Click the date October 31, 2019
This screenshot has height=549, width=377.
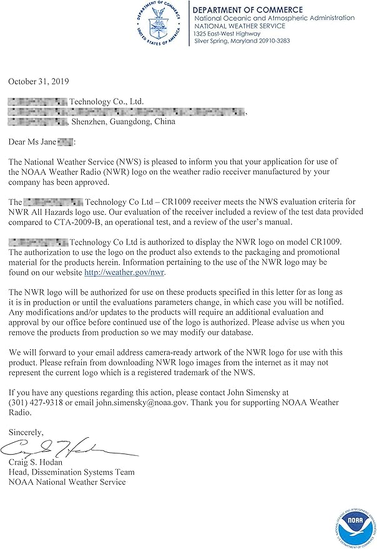(x=39, y=82)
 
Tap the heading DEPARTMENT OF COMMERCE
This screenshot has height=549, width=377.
(x=248, y=10)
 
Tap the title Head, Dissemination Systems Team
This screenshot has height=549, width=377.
(x=71, y=472)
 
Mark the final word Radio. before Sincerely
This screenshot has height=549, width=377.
(x=19, y=413)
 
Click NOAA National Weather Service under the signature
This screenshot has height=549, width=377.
(x=67, y=482)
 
